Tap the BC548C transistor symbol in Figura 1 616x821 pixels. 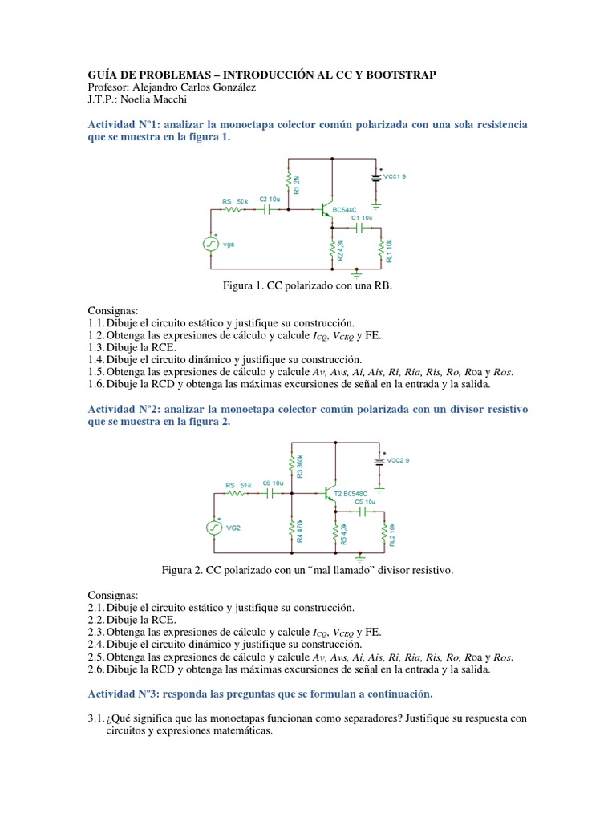(325, 210)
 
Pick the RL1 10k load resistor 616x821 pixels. (382, 250)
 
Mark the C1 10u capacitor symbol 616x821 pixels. (360, 228)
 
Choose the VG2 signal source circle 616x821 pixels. (214, 527)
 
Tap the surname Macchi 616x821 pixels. (155, 100)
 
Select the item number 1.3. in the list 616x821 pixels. (97, 348)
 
